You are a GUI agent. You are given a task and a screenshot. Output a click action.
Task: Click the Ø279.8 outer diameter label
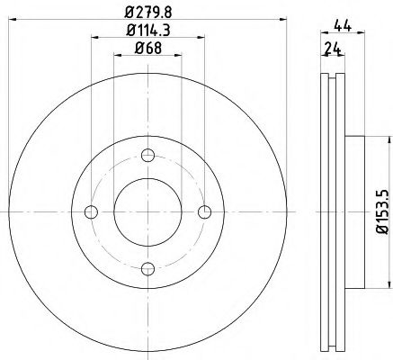pos(148,12)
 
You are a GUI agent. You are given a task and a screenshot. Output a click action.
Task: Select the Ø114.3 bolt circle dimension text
pos(148,31)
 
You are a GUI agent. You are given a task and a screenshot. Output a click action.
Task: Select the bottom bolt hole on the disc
pos(148,268)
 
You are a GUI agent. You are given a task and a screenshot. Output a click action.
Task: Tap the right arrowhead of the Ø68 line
pos(178,57)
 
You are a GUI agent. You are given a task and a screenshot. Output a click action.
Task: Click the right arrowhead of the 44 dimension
pos(361,39)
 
